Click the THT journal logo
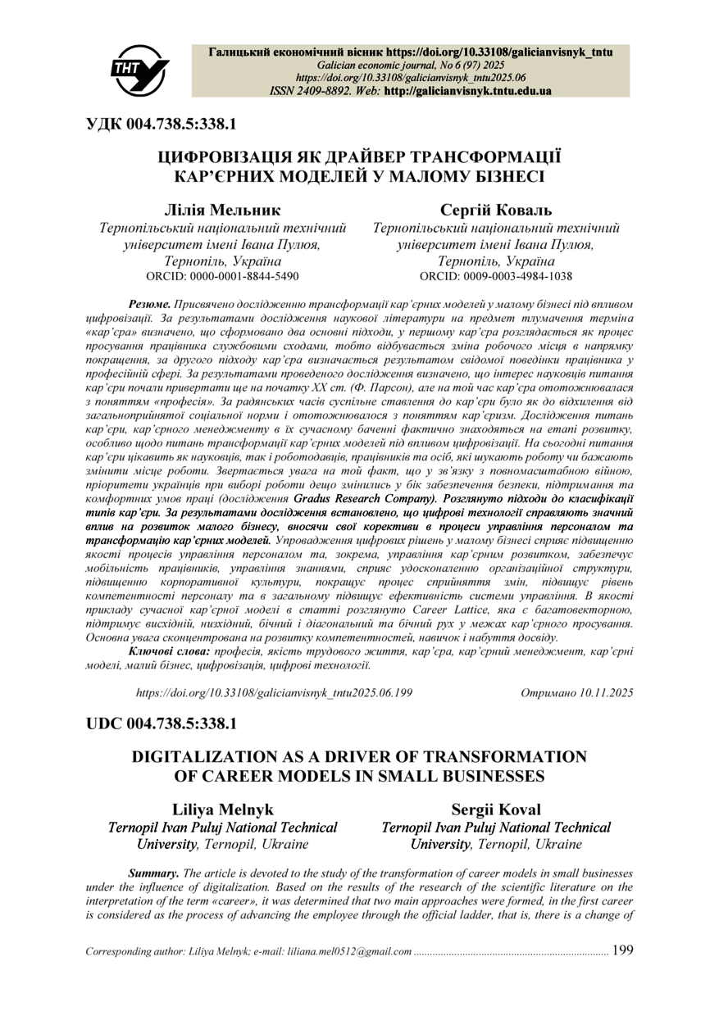tap(139, 66)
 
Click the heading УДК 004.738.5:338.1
tap(162, 125)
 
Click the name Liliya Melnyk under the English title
tap(223, 809)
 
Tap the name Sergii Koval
tap(496, 809)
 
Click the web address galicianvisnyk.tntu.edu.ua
tap(468, 91)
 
